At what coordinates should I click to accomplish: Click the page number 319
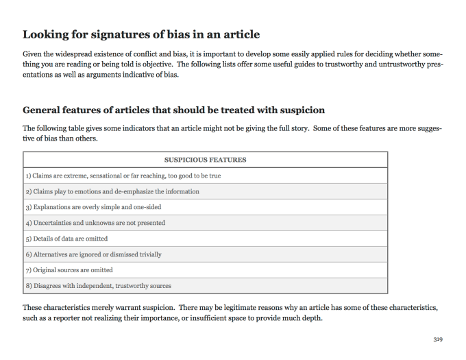pyautogui.click(x=438, y=339)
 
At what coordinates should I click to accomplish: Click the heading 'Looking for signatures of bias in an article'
pyautogui.click(x=141, y=34)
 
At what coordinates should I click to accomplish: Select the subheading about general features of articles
pyautogui.click(x=174, y=110)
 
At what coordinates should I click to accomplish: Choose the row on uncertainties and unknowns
pyautogui.click(x=96, y=223)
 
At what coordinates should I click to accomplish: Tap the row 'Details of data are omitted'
pyautogui.click(x=69, y=239)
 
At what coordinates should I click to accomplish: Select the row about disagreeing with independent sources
pyautogui.click(x=99, y=286)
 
